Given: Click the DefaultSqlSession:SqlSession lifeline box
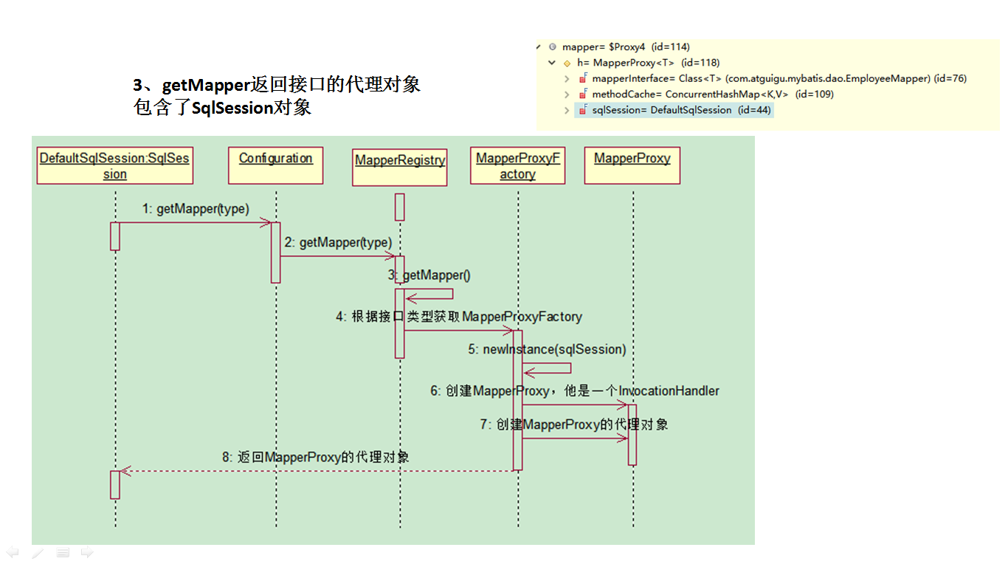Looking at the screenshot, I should tap(114, 165).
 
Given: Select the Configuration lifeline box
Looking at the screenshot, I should tap(276, 165).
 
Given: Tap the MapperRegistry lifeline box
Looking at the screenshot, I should tap(400, 168).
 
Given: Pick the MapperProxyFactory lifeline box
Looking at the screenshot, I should tap(518, 165).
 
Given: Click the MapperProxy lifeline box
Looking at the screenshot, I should tap(632, 165).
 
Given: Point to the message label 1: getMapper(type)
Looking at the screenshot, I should tap(196, 209).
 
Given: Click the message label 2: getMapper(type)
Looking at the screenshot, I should tap(338, 242).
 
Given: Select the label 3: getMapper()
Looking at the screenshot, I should tap(429, 275).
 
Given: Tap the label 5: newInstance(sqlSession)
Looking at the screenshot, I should tap(547, 349).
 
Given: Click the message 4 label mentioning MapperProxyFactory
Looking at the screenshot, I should tap(459, 317).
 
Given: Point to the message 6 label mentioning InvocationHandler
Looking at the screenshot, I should tap(575, 391).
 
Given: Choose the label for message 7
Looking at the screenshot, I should tap(574, 425).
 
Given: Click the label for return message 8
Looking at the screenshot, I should tap(316, 457).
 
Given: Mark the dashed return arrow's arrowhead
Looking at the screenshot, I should tap(125, 470).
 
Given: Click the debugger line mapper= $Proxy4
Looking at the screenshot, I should tap(626, 47).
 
